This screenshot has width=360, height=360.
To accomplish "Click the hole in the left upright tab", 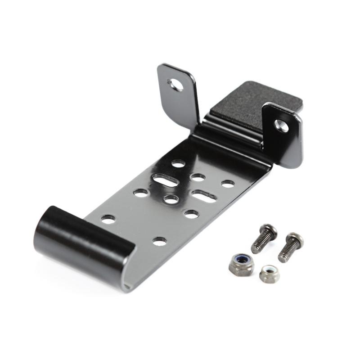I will tap(174, 84).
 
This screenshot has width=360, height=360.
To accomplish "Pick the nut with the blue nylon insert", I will tap(241, 265).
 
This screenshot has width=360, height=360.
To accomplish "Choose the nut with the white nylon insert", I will tap(269, 273).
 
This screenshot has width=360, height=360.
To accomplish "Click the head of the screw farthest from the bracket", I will tap(295, 238).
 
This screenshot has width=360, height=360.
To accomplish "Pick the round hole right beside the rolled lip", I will tap(108, 219).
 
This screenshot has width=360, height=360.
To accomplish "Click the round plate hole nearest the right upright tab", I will tap(228, 184).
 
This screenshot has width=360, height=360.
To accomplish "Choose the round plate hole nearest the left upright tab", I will tap(179, 164).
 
